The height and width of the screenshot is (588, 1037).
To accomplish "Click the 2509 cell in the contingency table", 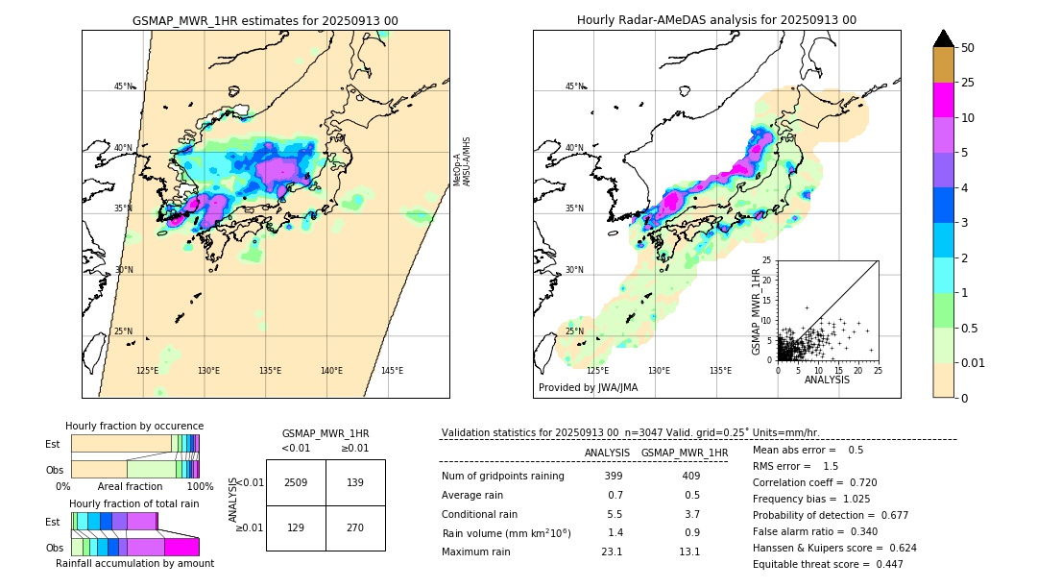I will tap(296, 482).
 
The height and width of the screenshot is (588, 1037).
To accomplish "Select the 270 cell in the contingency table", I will tap(354, 527).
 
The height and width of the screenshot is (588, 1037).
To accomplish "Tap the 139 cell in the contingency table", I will tap(354, 482).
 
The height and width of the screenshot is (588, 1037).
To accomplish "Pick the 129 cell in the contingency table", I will tap(296, 527).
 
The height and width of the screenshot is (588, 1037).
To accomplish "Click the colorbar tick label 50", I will tap(968, 48).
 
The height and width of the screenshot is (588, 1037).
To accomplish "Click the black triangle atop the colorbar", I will tap(943, 38).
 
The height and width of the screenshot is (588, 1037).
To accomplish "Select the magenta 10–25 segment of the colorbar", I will tap(943, 100).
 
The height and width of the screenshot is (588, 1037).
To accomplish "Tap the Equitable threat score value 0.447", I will tap(884, 564).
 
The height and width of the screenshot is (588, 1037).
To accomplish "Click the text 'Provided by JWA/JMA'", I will tap(588, 388).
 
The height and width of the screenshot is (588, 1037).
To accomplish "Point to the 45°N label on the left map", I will tap(123, 86).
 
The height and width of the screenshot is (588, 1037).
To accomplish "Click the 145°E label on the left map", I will tap(392, 371).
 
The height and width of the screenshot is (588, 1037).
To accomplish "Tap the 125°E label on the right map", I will tap(597, 371).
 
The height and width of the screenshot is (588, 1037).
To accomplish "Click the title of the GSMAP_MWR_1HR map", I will tap(265, 20).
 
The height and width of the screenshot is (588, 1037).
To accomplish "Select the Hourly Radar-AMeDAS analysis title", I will tap(716, 20).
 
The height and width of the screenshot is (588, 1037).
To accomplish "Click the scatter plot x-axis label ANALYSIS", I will tap(827, 380).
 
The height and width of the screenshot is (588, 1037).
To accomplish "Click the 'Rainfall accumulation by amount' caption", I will tap(134, 563).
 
